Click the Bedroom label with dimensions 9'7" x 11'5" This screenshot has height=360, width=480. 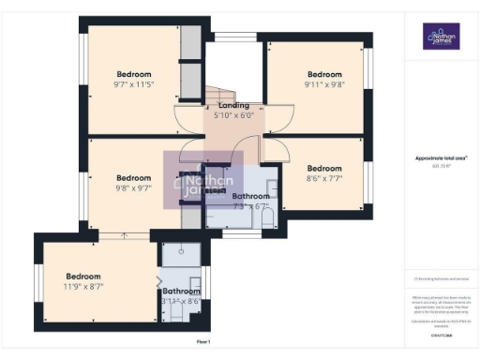click(134, 74)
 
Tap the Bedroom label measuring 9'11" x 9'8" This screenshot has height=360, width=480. click(325, 74)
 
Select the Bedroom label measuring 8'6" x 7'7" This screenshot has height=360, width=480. click(325, 169)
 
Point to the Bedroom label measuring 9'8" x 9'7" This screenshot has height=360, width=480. click(134, 177)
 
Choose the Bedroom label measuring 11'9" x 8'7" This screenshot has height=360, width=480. click(83, 276)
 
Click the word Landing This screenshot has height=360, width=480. click(233, 105)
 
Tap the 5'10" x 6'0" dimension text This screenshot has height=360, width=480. click(234, 115)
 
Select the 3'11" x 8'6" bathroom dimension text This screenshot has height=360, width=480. click(181, 301)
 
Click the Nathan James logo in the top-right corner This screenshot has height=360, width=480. click(441, 37)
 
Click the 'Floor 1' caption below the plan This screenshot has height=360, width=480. click(203, 342)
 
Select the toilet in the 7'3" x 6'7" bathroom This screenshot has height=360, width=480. click(266, 219)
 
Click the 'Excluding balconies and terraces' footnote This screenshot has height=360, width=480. click(440, 278)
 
